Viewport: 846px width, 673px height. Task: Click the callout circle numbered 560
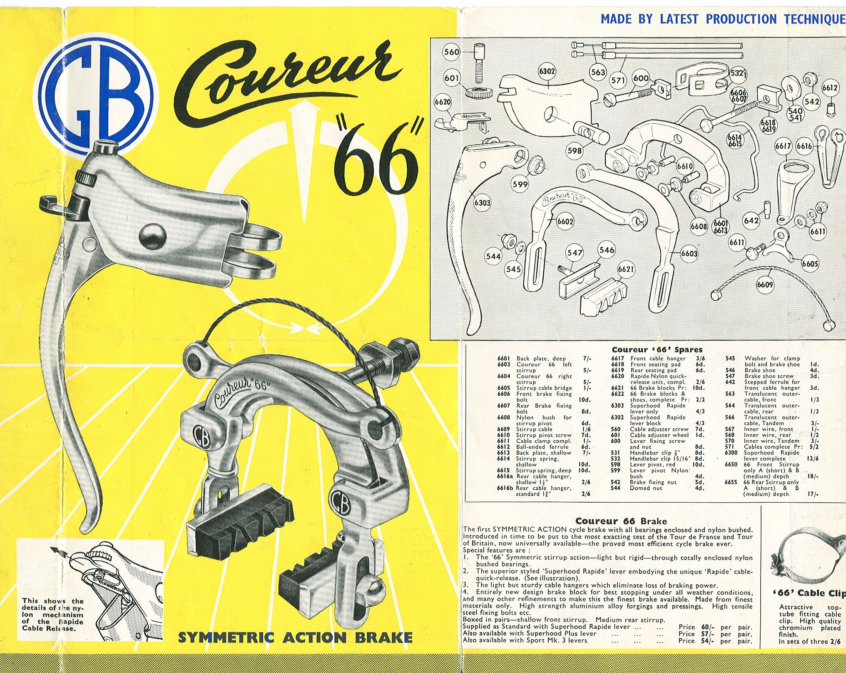coord(451,52)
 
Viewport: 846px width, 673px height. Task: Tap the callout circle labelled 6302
coord(547,71)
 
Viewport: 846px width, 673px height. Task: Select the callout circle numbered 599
coord(520,184)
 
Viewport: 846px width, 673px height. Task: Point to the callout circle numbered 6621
coord(626,269)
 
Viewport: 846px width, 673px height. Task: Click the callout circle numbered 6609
coord(765,285)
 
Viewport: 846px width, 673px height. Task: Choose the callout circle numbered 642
coord(751,220)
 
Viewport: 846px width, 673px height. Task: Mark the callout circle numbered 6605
coord(810,264)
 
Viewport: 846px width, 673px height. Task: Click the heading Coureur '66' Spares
coord(657,350)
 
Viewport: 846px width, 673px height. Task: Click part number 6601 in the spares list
coord(503,359)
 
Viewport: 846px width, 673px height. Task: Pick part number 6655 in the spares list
coord(731,482)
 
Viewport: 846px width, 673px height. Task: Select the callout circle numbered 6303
coord(482,203)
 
